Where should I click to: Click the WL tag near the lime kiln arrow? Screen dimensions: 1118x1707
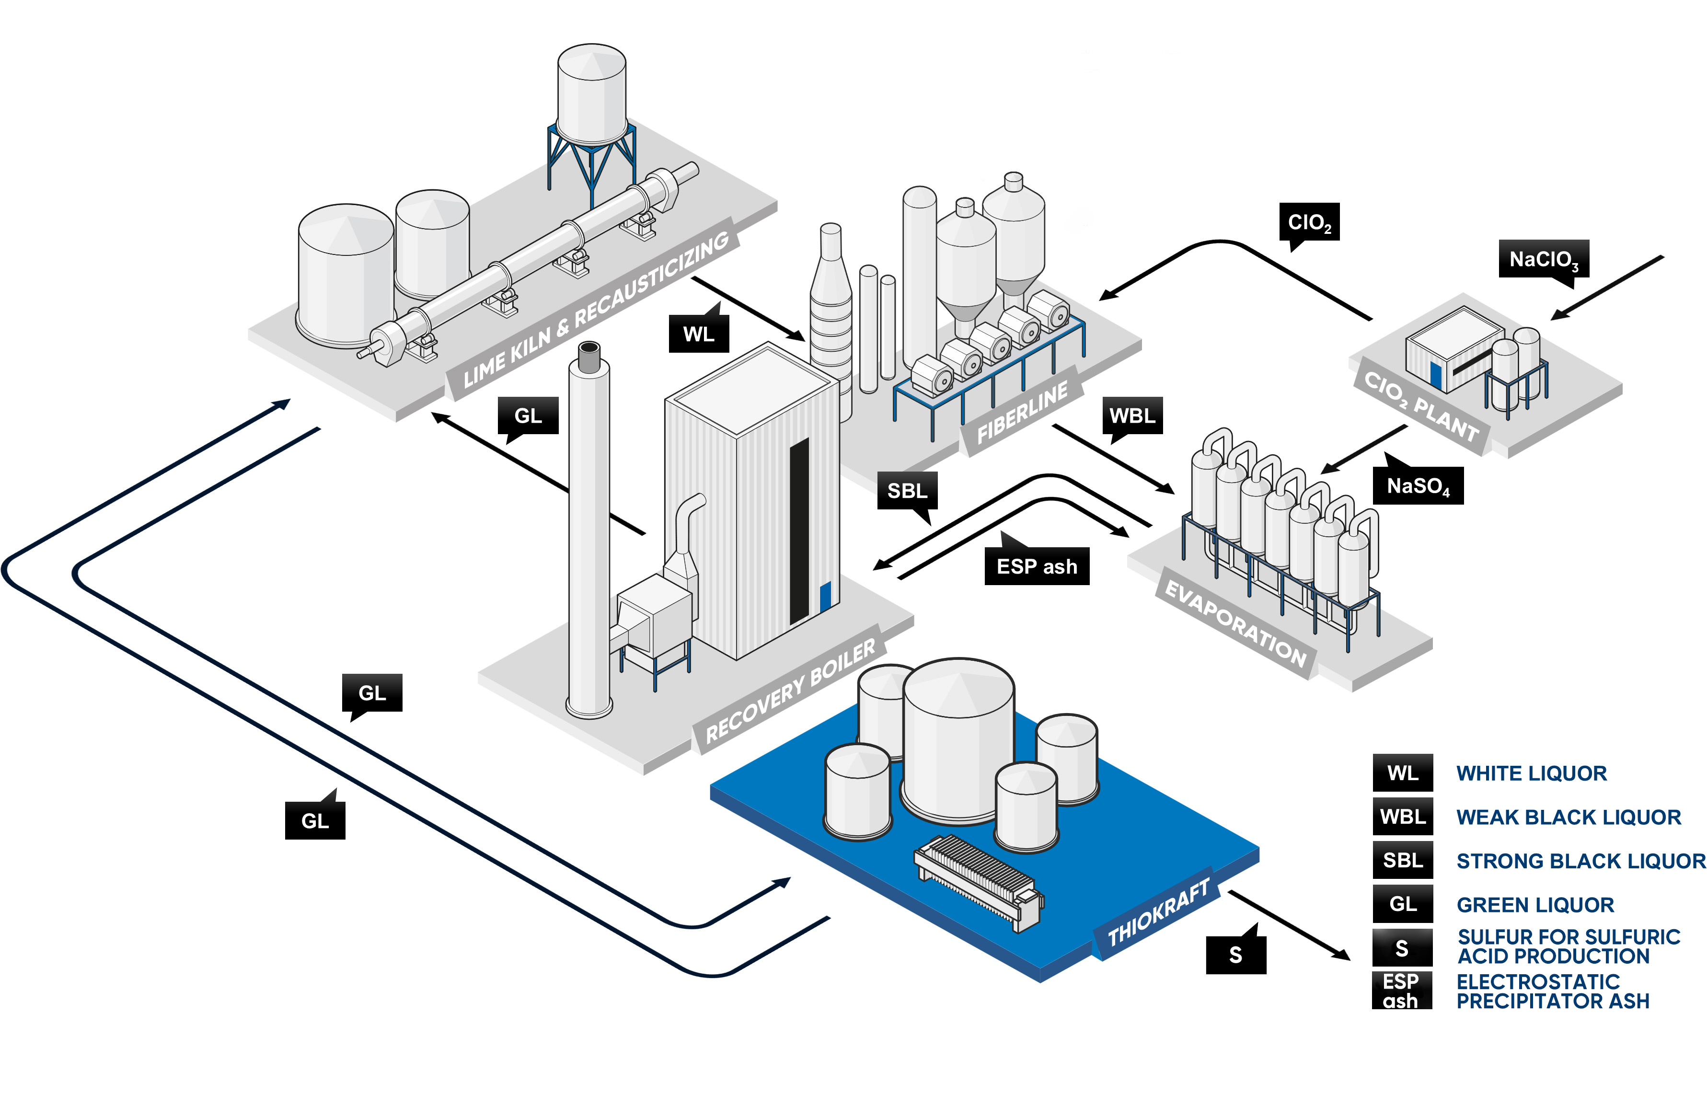click(699, 334)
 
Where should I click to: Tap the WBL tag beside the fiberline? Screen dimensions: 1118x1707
click(1132, 416)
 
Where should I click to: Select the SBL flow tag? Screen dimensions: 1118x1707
click(907, 491)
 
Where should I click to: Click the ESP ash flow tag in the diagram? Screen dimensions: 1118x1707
click(1037, 566)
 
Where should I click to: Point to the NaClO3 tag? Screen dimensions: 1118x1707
click(1544, 259)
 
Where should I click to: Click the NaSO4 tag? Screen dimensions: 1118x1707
click(1418, 486)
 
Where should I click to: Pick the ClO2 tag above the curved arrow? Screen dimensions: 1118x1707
click(1309, 222)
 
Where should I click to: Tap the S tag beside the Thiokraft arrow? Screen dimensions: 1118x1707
click(1236, 955)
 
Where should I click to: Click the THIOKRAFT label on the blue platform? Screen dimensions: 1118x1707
click(1158, 912)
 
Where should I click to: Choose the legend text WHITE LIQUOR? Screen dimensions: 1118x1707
click(1531, 773)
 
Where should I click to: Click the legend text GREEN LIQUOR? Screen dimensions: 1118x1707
click(1535, 905)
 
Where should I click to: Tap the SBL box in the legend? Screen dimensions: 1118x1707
click(1402, 861)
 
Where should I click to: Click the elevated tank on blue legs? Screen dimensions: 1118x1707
click(592, 93)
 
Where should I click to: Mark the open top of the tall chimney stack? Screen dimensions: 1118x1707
click(589, 348)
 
